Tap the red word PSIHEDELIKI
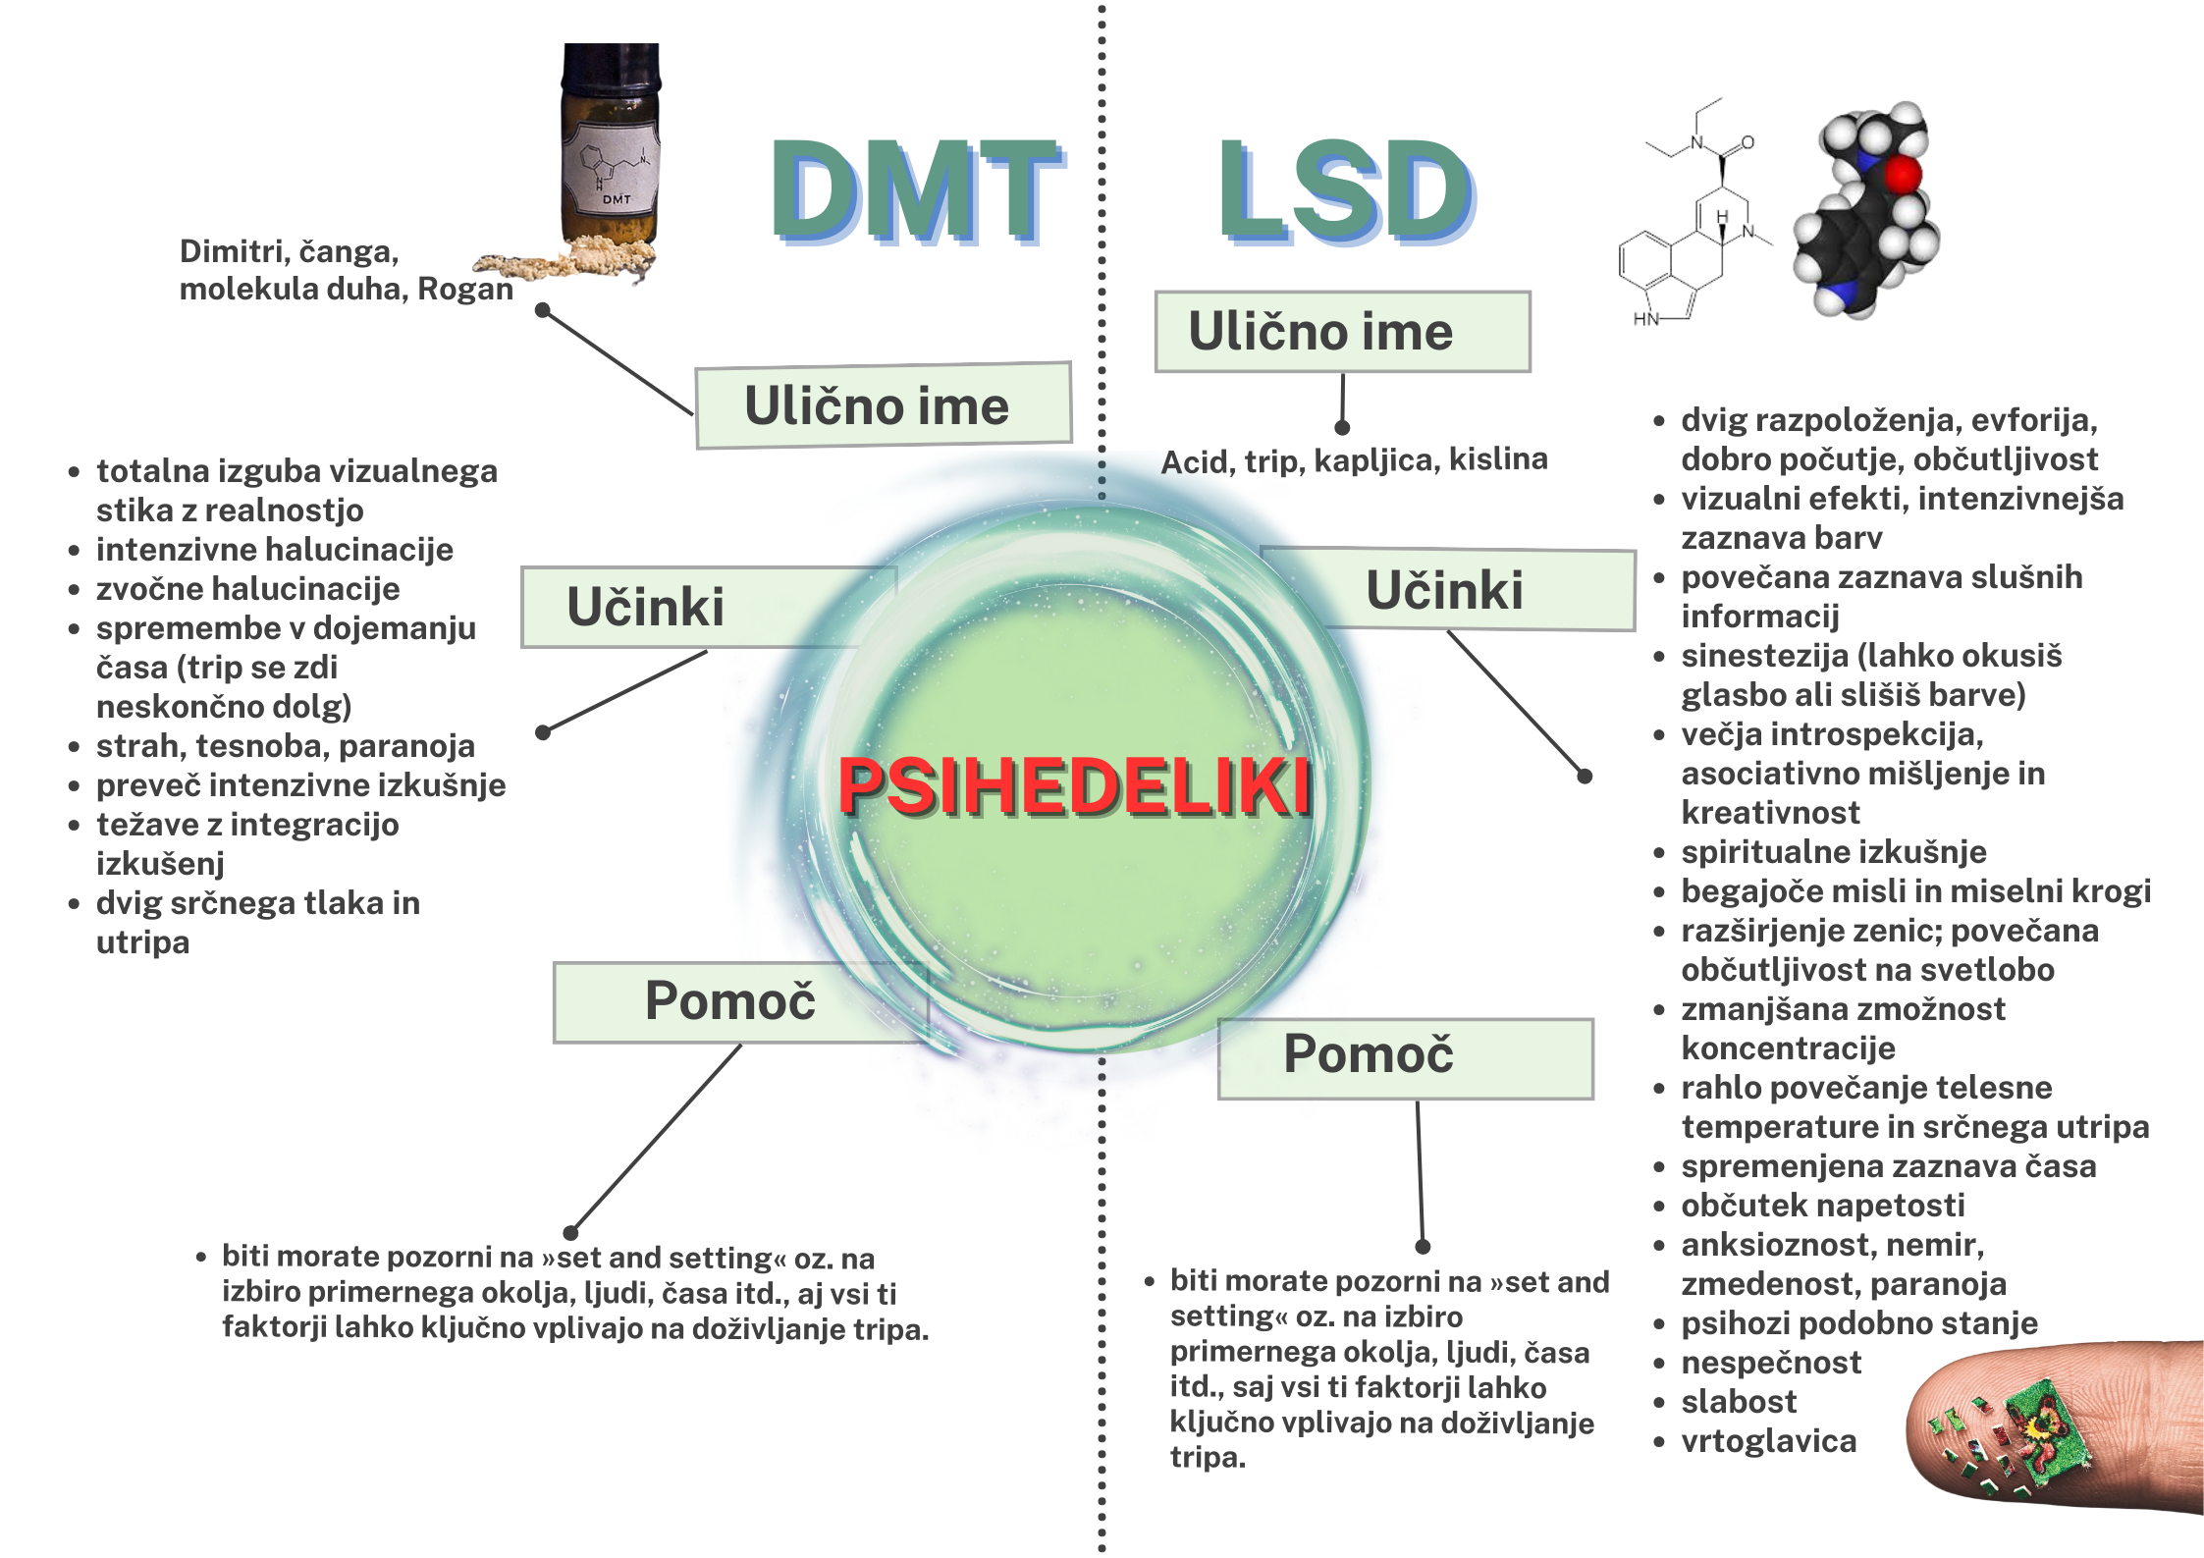click(x=1074, y=786)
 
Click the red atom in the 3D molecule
click(x=1903, y=176)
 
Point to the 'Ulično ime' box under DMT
click(x=883, y=405)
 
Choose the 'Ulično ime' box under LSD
click(x=1342, y=332)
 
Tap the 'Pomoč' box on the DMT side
click(x=731, y=1001)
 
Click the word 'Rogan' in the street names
click(x=465, y=290)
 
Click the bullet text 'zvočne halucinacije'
click(x=247, y=589)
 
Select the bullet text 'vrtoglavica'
click(x=1768, y=1441)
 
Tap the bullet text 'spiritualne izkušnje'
click(x=1833, y=852)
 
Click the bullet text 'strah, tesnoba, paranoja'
click(x=285, y=746)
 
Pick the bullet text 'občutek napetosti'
click(x=1822, y=1206)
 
